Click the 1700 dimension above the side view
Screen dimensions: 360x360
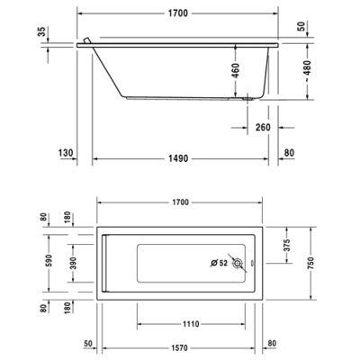coord(178,13)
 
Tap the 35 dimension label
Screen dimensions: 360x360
coord(43,31)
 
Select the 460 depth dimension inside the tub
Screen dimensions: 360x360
coord(236,71)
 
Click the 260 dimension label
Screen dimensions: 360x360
coord(263,128)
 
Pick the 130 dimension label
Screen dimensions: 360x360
coord(66,153)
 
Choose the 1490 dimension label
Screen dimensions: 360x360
coord(178,158)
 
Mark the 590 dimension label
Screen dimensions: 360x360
coord(49,260)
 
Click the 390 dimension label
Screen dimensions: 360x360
coord(73,263)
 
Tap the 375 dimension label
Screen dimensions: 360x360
coord(287,245)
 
